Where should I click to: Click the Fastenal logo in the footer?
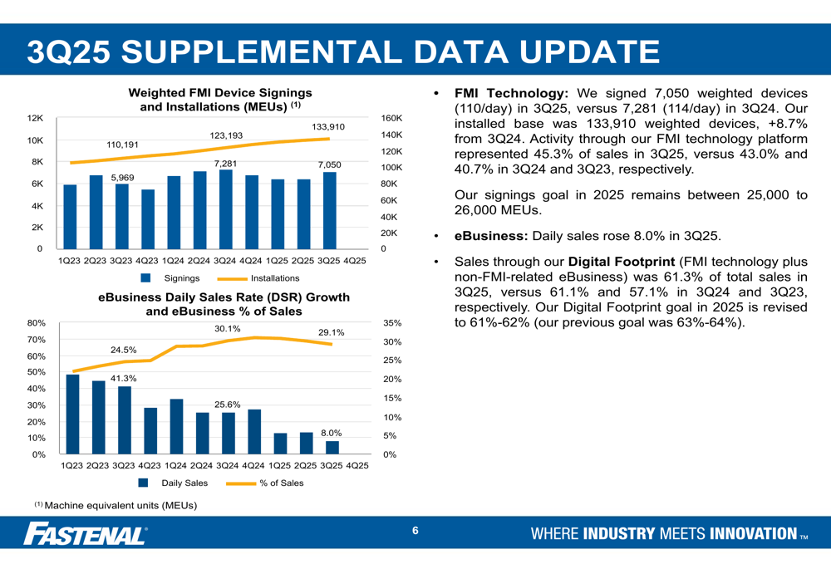(86, 533)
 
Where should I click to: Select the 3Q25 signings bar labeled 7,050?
(329, 210)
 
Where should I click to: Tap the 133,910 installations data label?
(328, 126)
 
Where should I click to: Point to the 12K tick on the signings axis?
(37, 119)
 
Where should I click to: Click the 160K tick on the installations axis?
(391, 119)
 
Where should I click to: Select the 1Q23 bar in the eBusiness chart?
(72, 414)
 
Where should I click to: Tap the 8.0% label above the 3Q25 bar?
(332, 433)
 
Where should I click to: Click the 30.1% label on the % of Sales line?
(227, 329)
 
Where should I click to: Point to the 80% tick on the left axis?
(36, 323)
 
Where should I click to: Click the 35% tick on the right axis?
(392, 323)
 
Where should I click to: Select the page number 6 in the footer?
(415, 532)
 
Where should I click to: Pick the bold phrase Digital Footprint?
(621, 262)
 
